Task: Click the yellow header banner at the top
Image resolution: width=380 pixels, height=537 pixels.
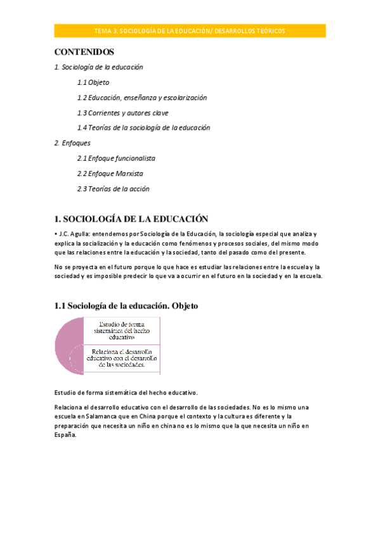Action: click(190, 30)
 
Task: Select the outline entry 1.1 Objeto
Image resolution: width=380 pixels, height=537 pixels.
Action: click(93, 82)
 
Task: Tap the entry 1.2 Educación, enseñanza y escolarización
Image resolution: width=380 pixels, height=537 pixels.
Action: click(141, 98)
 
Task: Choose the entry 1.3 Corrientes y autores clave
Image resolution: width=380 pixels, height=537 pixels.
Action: click(122, 113)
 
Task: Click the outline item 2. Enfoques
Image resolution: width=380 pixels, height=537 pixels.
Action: click(72, 143)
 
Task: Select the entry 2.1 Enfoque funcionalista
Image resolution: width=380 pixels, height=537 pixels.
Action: click(116, 158)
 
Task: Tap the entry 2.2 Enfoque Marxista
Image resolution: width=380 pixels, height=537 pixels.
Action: click(110, 174)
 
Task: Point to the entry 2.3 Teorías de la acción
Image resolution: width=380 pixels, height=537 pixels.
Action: click(113, 189)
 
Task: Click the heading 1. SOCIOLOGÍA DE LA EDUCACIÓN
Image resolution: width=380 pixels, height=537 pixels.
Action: click(131, 219)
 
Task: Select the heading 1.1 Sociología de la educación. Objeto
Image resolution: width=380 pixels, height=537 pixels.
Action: click(126, 306)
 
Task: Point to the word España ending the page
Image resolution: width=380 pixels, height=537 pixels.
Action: click(65, 435)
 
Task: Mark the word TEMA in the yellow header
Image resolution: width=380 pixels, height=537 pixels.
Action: click(102, 30)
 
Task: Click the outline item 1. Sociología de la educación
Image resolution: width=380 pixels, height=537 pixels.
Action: click(98, 67)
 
